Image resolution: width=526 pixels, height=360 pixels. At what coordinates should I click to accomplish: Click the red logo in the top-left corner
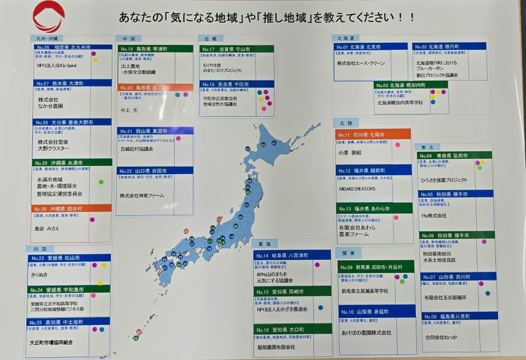click(x=48, y=16)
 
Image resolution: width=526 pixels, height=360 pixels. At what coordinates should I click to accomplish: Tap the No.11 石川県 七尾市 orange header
click(x=364, y=135)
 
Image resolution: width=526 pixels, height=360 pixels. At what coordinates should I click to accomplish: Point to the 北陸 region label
click(x=346, y=123)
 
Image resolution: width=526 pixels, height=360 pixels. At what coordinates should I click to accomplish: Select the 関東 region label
click(x=348, y=253)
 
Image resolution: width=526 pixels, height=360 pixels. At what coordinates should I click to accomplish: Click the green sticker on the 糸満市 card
click(x=101, y=182)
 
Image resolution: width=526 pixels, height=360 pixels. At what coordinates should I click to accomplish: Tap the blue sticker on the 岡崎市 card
click(x=321, y=307)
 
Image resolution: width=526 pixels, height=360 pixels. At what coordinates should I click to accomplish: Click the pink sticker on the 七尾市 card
click(x=397, y=145)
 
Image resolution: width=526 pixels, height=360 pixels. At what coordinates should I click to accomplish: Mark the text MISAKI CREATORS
click(x=357, y=188)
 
